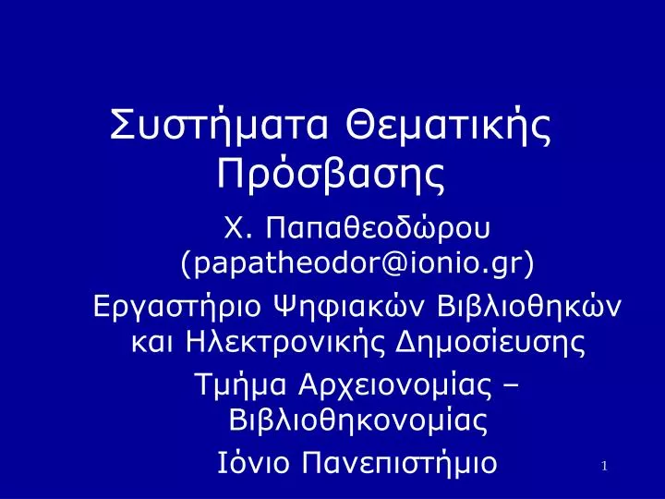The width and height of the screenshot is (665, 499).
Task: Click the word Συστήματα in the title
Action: [x=219, y=126]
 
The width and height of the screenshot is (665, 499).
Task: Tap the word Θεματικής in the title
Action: [x=448, y=126]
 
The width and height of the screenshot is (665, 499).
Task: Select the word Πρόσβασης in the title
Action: [x=331, y=174]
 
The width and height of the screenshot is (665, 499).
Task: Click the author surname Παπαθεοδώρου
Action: [x=378, y=229]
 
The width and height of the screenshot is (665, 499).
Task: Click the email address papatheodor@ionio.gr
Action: [x=357, y=264]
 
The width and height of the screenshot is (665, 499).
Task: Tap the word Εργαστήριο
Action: [x=175, y=307]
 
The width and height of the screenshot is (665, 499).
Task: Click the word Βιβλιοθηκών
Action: [x=529, y=306]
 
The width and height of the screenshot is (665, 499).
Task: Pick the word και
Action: [x=152, y=342]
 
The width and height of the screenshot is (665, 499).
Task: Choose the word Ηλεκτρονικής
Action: [x=285, y=342]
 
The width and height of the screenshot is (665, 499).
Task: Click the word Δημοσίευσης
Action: [x=490, y=342]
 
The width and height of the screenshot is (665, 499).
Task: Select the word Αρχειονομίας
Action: [x=395, y=385]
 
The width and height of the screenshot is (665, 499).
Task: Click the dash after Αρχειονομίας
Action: [x=511, y=386]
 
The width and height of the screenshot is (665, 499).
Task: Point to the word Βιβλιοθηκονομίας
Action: [x=358, y=420]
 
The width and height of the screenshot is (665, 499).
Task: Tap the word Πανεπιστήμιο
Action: [x=399, y=463]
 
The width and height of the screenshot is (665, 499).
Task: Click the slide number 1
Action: [x=604, y=467]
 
